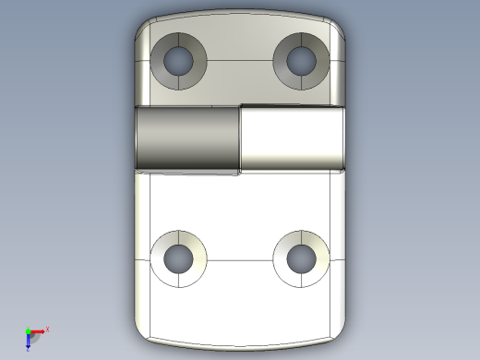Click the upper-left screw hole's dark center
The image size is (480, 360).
click(x=178, y=61)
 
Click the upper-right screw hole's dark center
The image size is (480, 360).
click(x=302, y=61)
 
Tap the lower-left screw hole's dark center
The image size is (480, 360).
click(x=178, y=258)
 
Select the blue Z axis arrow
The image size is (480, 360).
click(x=29, y=343)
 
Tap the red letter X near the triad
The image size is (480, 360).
click(x=47, y=329)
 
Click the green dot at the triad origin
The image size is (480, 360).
click(x=28, y=332)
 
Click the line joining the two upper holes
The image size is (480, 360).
click(x=240, y=61)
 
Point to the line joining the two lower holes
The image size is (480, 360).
click(x=240, y=259)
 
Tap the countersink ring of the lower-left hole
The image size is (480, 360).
click(x=162, y=247)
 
